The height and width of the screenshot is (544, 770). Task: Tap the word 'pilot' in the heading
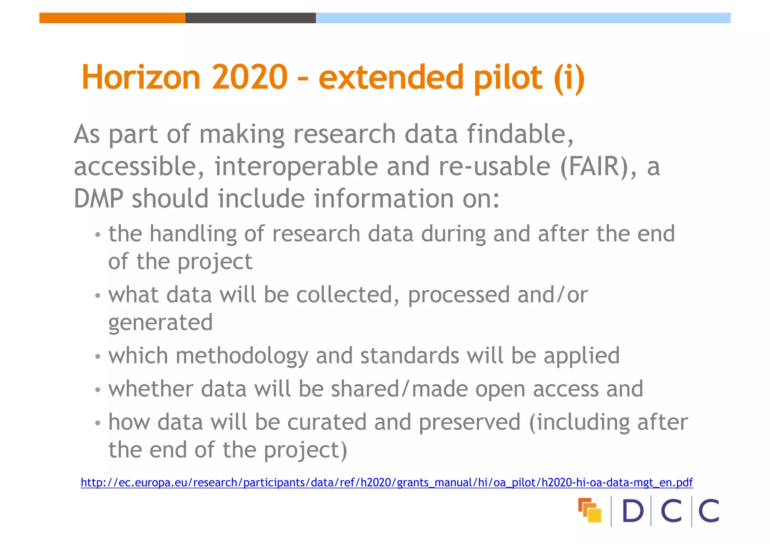tap(508, 78)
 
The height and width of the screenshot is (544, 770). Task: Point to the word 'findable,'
tap(520, 134)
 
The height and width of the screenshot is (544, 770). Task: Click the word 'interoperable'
tap(296, 167)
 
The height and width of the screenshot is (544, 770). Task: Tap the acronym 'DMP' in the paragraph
tap(99, 199)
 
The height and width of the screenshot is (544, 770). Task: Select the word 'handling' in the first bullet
tap(193, 234)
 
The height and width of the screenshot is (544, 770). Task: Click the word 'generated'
tap(161, 323)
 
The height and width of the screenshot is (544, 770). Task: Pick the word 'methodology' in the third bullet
tap(242, 356)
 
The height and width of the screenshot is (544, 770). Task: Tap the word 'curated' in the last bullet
tap(327, 422)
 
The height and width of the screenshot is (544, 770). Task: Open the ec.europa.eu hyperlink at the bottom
tap(387, 482)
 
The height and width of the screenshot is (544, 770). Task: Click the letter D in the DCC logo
tap(633, 511)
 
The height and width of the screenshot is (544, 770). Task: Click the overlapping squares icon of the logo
tap(590, 510)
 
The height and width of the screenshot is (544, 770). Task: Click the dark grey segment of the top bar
tap(250, 18)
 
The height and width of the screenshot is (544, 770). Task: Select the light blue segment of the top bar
tap(523, 18)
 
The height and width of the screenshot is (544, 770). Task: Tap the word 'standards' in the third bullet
tap(409, 356)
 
